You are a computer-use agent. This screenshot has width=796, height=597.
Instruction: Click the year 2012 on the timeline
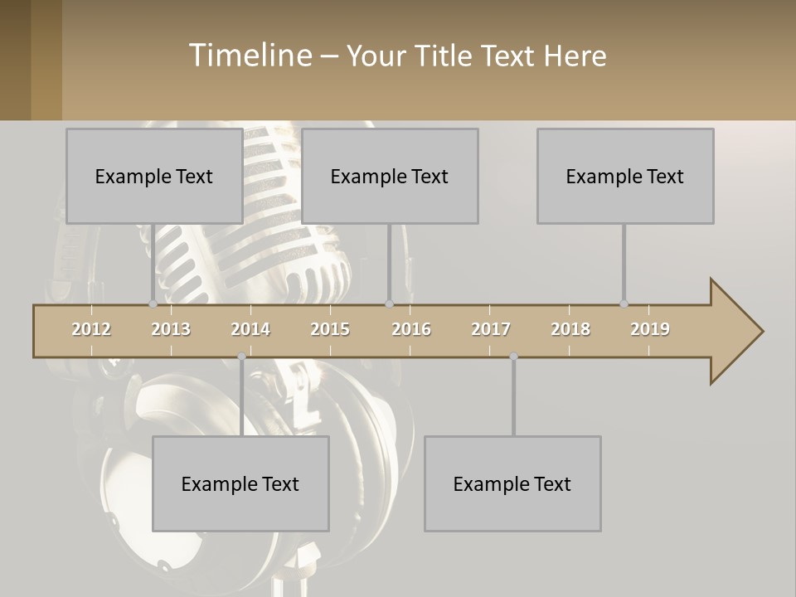click(91, 329)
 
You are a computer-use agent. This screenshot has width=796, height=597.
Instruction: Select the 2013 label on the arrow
click(171, 329)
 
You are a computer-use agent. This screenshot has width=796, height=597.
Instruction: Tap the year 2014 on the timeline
click(250, 329)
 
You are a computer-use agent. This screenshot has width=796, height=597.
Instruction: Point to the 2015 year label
click(330, 329)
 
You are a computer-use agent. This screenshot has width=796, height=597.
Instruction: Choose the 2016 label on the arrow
click(411, 329)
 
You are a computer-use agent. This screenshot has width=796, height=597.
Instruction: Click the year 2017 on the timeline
click(491, 329)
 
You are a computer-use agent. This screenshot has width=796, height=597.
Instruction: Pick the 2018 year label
click(570, 329)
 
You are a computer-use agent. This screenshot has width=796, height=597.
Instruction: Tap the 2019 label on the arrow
click(650, 329)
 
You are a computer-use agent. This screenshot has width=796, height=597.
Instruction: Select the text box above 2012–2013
click(154, 176)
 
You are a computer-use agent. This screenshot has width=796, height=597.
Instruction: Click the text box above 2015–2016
click(390, 176)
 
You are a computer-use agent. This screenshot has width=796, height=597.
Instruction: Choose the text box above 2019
click(625, 176)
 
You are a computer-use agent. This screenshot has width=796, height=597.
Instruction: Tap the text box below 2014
click(240, 483)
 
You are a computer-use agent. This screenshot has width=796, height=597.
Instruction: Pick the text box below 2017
click(512, 483)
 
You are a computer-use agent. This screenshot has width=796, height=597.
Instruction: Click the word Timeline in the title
click(250, 56)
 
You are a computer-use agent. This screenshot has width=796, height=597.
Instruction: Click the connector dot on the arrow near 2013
click(153, 304)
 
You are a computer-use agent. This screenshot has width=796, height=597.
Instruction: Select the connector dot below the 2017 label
click(513, 357)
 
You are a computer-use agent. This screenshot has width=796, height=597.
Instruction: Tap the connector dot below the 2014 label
click(241, 357)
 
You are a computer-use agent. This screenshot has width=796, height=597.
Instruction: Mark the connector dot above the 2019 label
click(624, 304)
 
